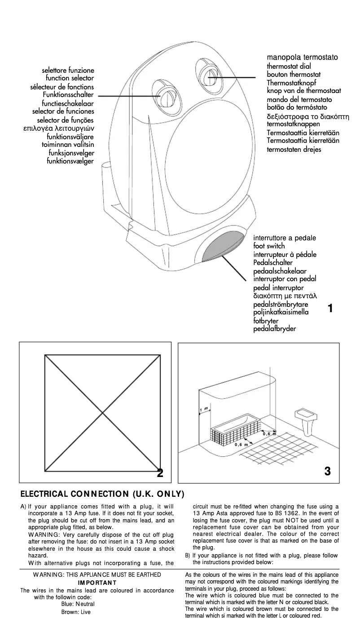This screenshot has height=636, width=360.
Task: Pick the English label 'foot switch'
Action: (x=269, y=246)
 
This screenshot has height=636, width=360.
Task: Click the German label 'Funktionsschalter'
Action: (x=68, y=95)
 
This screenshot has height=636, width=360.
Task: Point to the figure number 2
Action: (x=160, y=473)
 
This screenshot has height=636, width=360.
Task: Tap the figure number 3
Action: (x=327, y=471)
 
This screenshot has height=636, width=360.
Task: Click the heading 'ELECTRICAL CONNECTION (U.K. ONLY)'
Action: (x=103, y=494)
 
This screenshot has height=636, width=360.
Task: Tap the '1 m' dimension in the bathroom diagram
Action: (x=204, y=409)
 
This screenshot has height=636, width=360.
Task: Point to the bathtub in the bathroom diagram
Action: (x=235, y=427)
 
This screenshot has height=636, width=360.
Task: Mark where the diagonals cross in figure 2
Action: (x=103, y=413)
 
